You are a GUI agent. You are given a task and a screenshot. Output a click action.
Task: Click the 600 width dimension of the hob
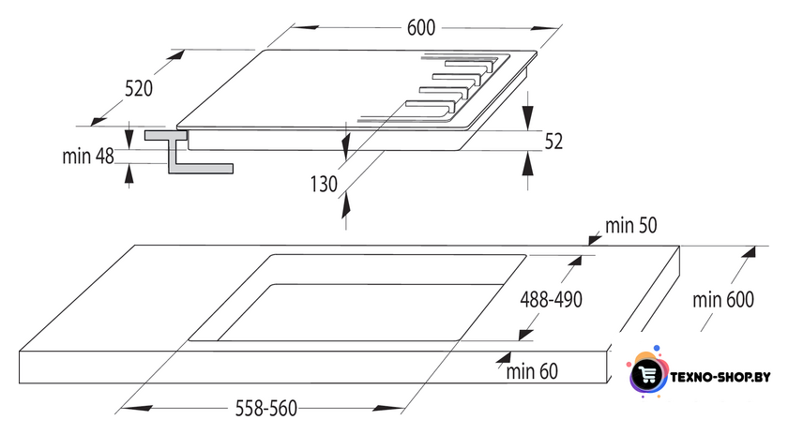420,27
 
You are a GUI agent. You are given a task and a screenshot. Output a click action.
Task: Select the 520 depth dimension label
139,88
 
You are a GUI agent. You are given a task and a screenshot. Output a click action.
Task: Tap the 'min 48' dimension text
88,157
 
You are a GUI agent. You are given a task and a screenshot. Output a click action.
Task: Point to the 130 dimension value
324,184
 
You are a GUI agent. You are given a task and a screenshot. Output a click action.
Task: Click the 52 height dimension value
553,142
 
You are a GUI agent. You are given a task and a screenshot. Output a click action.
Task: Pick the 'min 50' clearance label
630,226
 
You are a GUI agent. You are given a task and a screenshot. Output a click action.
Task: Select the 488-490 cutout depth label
551,300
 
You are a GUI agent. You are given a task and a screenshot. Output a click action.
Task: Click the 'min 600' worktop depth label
723,300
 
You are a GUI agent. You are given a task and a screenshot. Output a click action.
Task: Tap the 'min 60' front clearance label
532,371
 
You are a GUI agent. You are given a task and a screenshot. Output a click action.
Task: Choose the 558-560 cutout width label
265,409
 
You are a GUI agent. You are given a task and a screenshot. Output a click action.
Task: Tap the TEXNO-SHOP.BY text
720,377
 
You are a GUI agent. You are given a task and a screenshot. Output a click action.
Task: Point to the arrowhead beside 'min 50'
594,240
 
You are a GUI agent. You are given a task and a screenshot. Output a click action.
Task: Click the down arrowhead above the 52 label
527,118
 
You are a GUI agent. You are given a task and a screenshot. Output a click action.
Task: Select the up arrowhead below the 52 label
527,163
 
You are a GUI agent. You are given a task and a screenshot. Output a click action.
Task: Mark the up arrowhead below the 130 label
345,205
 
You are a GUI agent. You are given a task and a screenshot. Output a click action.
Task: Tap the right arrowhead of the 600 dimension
545,27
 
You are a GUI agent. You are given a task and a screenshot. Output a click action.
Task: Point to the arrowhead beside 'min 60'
503,357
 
